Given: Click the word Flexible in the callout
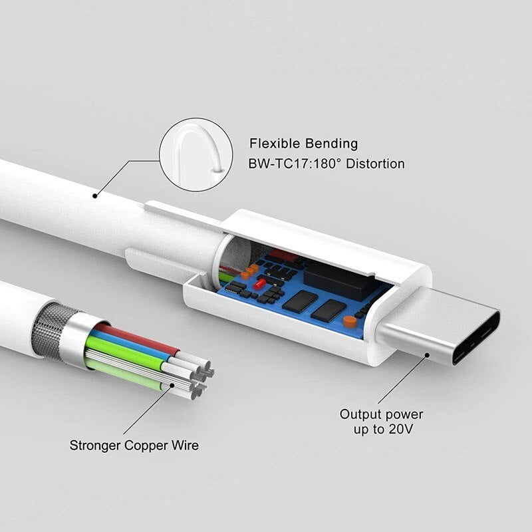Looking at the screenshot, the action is (275, 144).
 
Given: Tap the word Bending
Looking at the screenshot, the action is (331, 144).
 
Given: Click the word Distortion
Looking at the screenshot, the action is (375, 164).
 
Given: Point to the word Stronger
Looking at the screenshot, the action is (95, 446).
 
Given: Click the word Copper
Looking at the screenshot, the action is (146, 446).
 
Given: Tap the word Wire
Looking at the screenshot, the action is (185, 445).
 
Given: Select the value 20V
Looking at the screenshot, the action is (401, 429).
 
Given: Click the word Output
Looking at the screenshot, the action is (360, 414).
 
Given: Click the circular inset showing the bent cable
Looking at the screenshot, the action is (196, 154).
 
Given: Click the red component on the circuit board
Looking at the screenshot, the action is (259, 283).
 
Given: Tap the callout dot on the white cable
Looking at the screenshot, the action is (95, 196).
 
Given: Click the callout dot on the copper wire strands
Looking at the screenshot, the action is (172, 386).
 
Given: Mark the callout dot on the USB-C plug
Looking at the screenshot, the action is (427, 355).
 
